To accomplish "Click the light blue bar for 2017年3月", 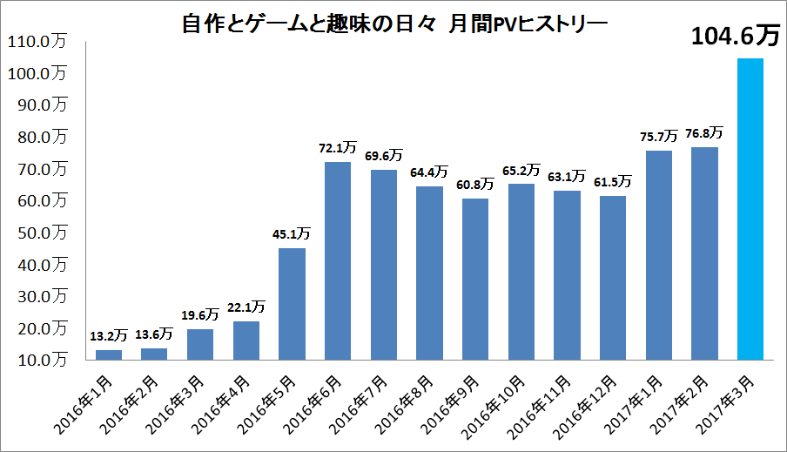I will (x=750, y=209).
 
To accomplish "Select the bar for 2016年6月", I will (x=338, y=260).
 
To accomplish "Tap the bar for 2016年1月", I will (x=109, y=354).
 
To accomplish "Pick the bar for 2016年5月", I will (x=292, y=304).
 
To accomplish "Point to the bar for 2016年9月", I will (x=475, y=279).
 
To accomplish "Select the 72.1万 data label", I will (x=338, y=148).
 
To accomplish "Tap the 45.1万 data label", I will (x=292, y=234).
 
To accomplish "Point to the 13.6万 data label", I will (x=154, y=334).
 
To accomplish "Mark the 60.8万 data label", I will (x=475, y=185).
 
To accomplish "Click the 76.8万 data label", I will (x=703, y=133).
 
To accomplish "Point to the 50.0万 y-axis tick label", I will (x=40, y=233).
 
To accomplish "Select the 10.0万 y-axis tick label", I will (x=40, y=360).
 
